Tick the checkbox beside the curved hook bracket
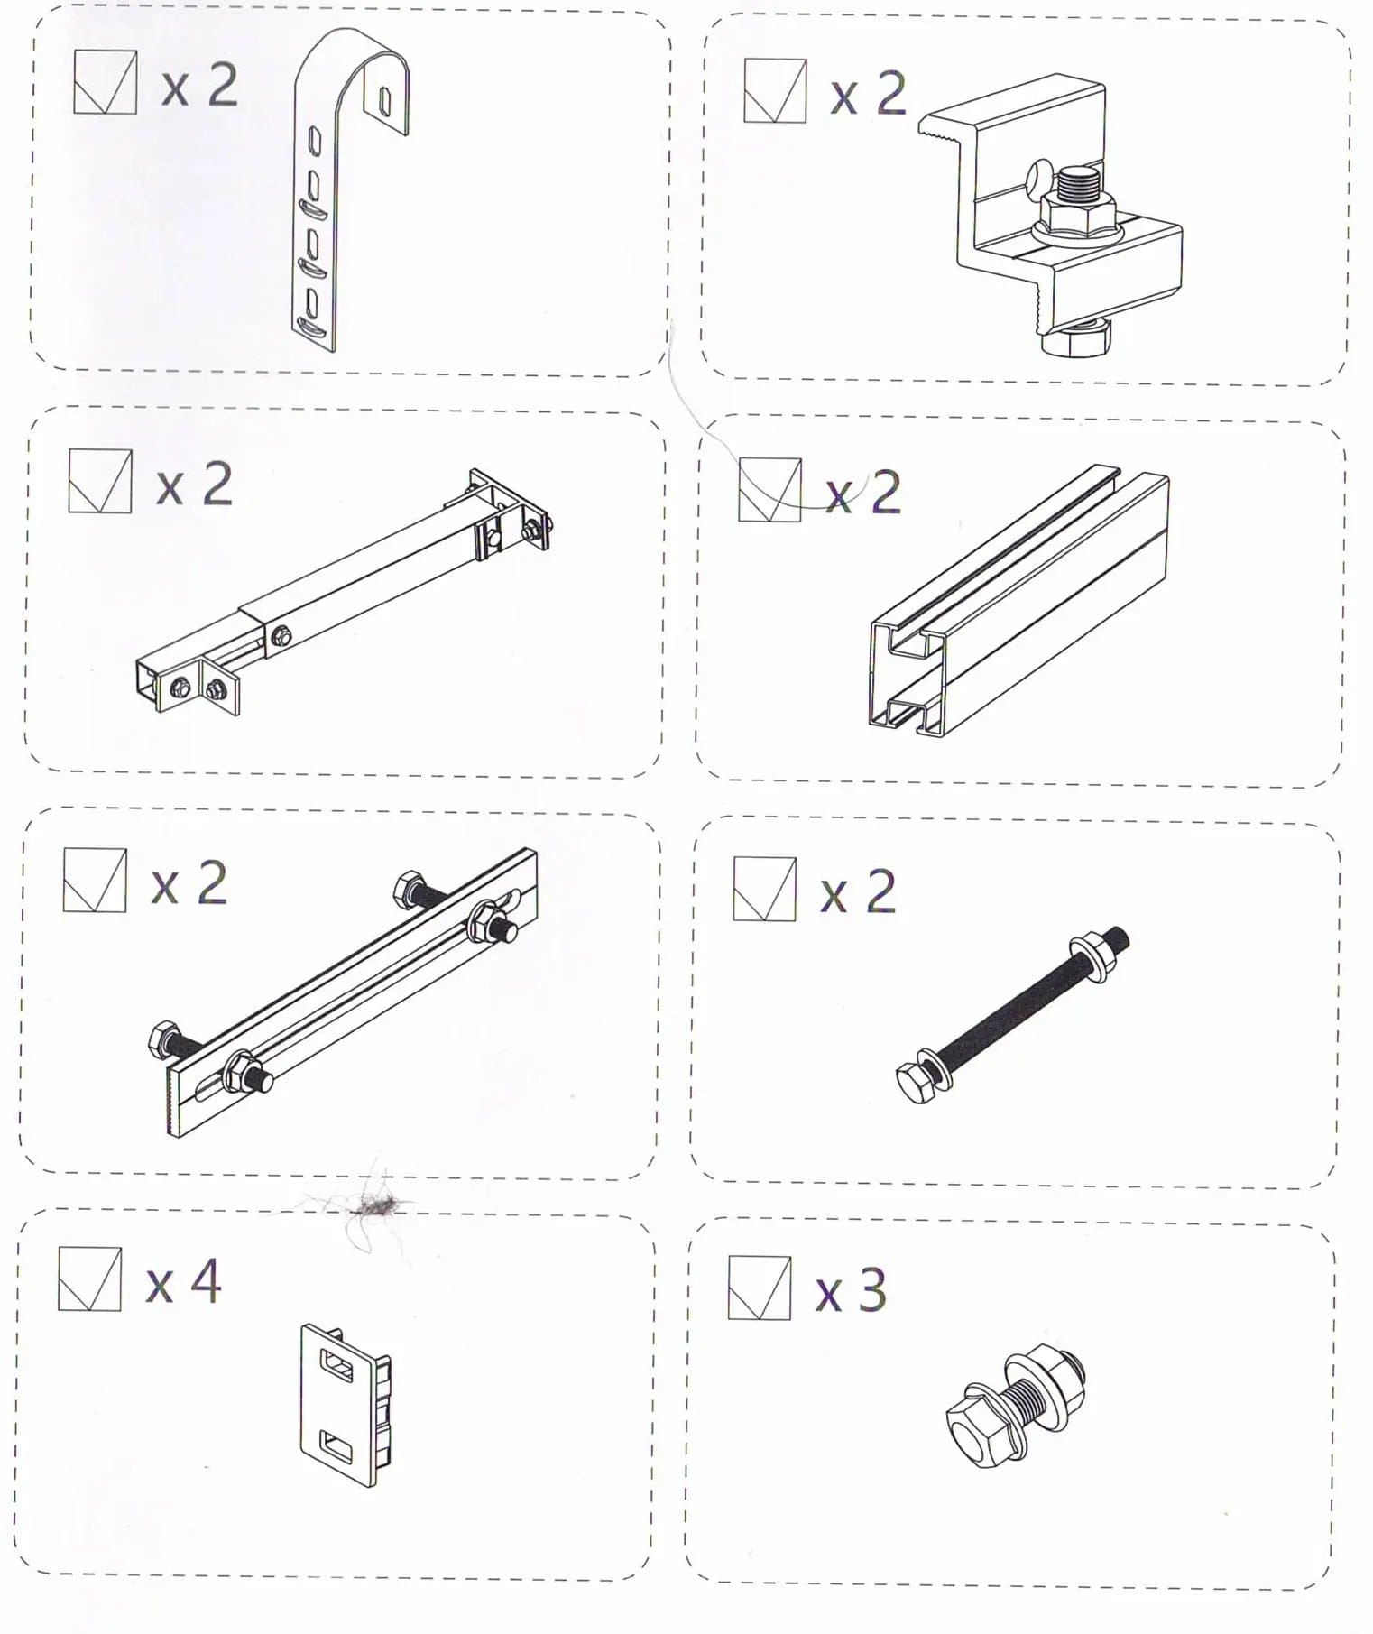tap(105, 82)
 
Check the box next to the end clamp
tap(775, 90)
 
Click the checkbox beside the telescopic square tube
tap(99, 482)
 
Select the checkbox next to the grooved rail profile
tap(769, 490)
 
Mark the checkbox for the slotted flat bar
tap(95, 881)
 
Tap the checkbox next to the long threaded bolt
tap(764, 889)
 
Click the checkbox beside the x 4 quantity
tap(89, 1279)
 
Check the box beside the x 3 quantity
tap(760, 1288)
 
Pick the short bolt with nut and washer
tap(1015, 1406)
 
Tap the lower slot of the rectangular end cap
tap(339, 1449)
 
